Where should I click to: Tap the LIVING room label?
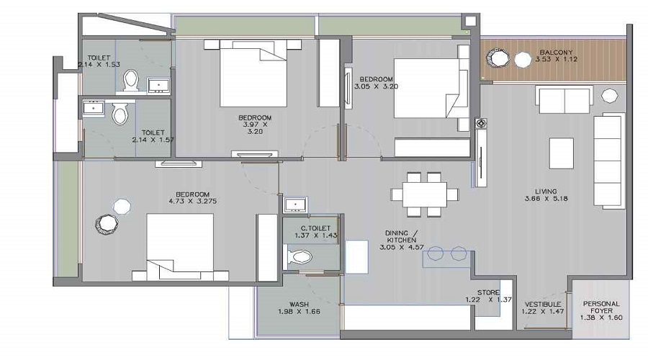click(x=546, y=192)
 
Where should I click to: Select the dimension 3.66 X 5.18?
click(x=546, y=199)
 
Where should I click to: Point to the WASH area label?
click(x=300, y=305)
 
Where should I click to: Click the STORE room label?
click(x=488, y=292)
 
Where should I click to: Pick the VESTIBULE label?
click(x=543, y=305)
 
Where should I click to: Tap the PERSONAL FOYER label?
click(x=601, y=307)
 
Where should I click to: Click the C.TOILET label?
click(x=316, y=228)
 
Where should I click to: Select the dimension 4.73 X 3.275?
click(x=192, y=202)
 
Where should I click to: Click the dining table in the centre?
click(x=424, y=194)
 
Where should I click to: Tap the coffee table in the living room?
click(x=561, y=153)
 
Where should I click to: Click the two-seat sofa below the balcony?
click(x=564, y=99)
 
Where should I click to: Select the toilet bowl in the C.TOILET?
click(x=300, y=257)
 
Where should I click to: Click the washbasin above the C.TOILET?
click(x=296, y=205)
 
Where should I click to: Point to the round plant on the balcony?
click(x=497, y=58)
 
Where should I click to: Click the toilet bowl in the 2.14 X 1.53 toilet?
click(x=131, y=80)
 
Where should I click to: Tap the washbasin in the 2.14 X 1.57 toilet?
click(x=94, y=108)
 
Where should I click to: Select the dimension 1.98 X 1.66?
click(x=300, y=312)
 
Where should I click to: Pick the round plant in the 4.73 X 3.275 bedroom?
click(x=107, y=225)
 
